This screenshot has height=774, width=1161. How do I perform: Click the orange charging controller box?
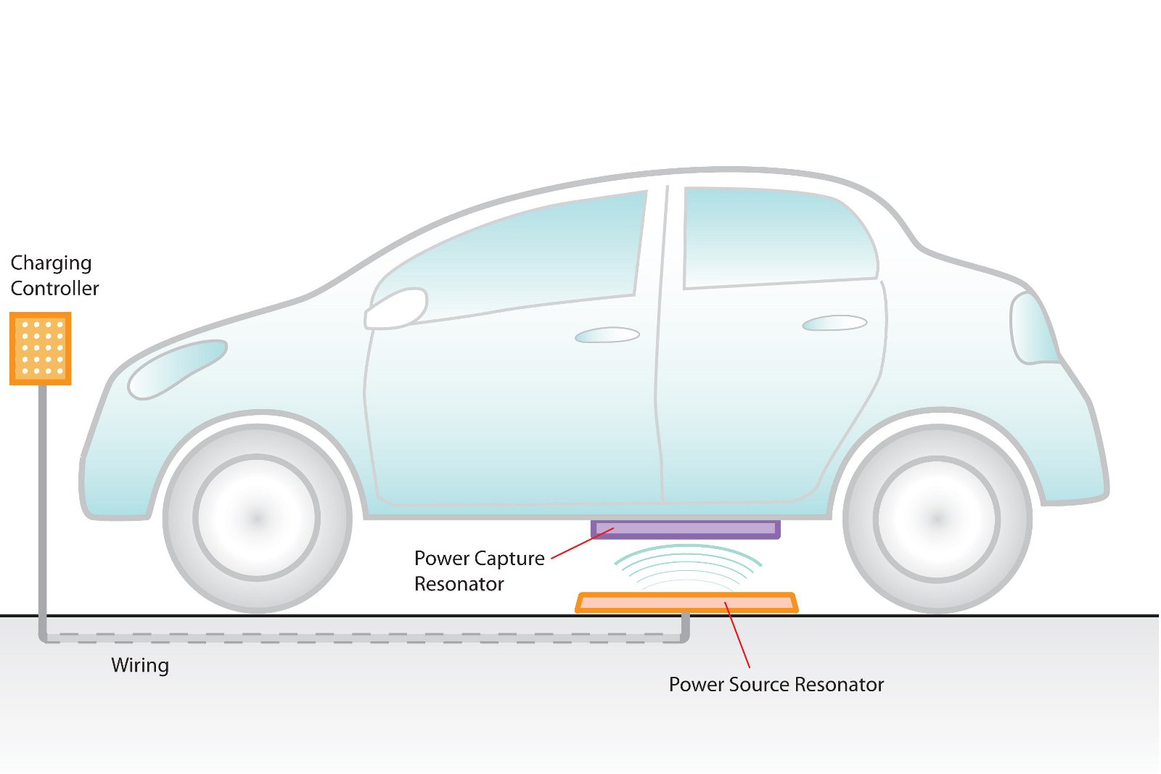click(x=41, y=348)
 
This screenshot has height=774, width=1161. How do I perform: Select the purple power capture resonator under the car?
click(x=686, y=529)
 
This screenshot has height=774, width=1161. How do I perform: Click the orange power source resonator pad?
click(x=686, y=603)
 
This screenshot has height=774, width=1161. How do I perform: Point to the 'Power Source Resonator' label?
click(x=776, y=685)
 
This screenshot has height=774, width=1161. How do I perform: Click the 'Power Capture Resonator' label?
click(x=479, y=571)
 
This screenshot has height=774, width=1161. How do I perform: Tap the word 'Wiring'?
click(x=140, y=665)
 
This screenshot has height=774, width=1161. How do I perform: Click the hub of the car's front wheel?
click(x=257, y=518)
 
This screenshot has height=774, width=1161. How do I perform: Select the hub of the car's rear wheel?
click(x=937, y=519)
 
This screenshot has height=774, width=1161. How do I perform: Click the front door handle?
click(x=607, y=335)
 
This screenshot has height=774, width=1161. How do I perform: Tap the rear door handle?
click(x=834, y=323)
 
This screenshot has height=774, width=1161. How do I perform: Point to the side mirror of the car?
click(x=396, y=308)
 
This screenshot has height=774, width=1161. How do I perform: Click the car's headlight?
click(x=176, y=369)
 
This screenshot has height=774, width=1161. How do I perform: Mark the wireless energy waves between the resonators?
click(x=687, y=566)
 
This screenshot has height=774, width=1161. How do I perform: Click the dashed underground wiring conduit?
click(x=363, y=638)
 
